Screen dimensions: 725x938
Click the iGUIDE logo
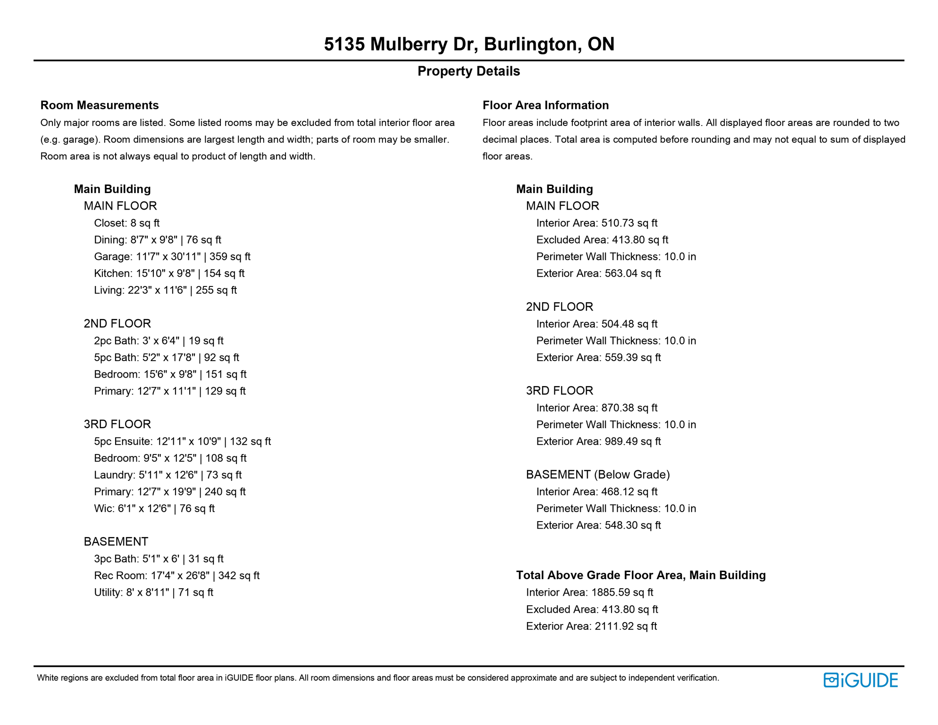coord(860,680)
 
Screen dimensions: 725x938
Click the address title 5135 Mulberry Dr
coord(469,44)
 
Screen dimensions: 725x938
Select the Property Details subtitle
coord(469,71)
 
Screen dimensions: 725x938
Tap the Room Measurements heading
coord(100,105)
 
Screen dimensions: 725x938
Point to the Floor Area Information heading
coord(545,105)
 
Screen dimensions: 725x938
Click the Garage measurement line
coord(172,257)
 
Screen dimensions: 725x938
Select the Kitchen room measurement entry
coord(169,274)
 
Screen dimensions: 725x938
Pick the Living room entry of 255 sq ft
coord(165,290)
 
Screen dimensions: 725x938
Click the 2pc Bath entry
coord(159,341)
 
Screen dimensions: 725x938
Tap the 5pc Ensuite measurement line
coord(182,442)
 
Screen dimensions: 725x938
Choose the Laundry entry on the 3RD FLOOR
coord(167,475)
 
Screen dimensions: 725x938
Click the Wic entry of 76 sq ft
coord(154,509)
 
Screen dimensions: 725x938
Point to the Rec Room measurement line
coord(176,576)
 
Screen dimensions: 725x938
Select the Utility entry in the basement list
coord(153,593)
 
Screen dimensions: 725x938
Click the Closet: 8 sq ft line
coord(126,223)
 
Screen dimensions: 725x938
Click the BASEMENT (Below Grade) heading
coord(598,475)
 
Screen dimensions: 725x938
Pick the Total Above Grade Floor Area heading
coord(641,575)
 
